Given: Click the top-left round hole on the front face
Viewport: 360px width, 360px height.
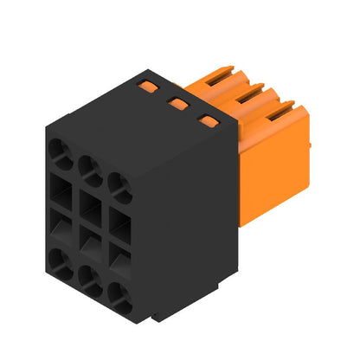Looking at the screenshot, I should click(x=62, y=156).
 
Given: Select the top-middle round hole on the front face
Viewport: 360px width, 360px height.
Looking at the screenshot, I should click(x=88, y=166).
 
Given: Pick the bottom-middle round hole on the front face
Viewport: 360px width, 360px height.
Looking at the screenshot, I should click(x=88, y=277).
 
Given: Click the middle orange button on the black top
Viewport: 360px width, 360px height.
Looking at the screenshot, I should click(x=179, y=104).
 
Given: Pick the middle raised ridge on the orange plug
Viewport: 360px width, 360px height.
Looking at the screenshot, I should click(x=254, y=90).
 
